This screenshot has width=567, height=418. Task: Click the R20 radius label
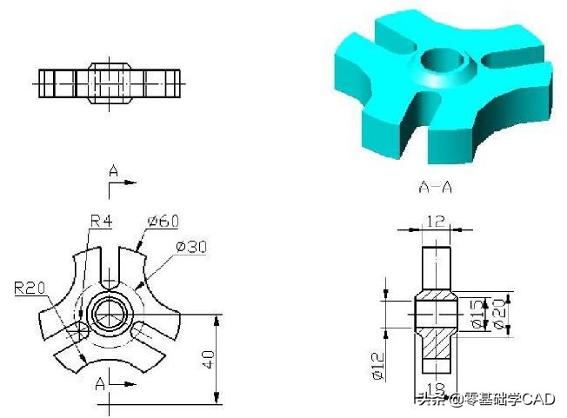pos(28,288)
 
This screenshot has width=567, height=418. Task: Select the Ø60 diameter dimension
pos(163,222)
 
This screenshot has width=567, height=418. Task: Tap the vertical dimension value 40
pos(207,359)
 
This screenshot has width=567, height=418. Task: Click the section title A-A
pos(436,186)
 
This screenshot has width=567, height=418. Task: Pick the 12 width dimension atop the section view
pos(434,222)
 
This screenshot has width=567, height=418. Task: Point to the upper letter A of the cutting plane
pos(113,170)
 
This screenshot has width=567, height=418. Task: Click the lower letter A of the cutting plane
pos(102,383)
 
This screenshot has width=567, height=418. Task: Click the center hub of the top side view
pos(110,82)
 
